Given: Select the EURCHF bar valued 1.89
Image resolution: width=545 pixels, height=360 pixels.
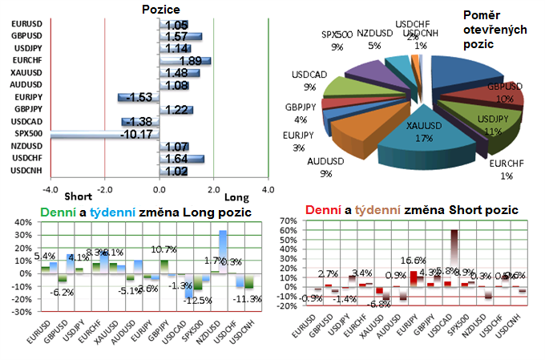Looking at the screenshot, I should click(185, 61).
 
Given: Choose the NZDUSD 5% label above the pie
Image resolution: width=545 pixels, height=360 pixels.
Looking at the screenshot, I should click(375, 40).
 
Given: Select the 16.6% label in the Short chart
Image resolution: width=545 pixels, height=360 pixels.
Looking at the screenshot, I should click(413, 261).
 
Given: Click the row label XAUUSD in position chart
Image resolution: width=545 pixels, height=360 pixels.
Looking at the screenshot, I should click(26, 73).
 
